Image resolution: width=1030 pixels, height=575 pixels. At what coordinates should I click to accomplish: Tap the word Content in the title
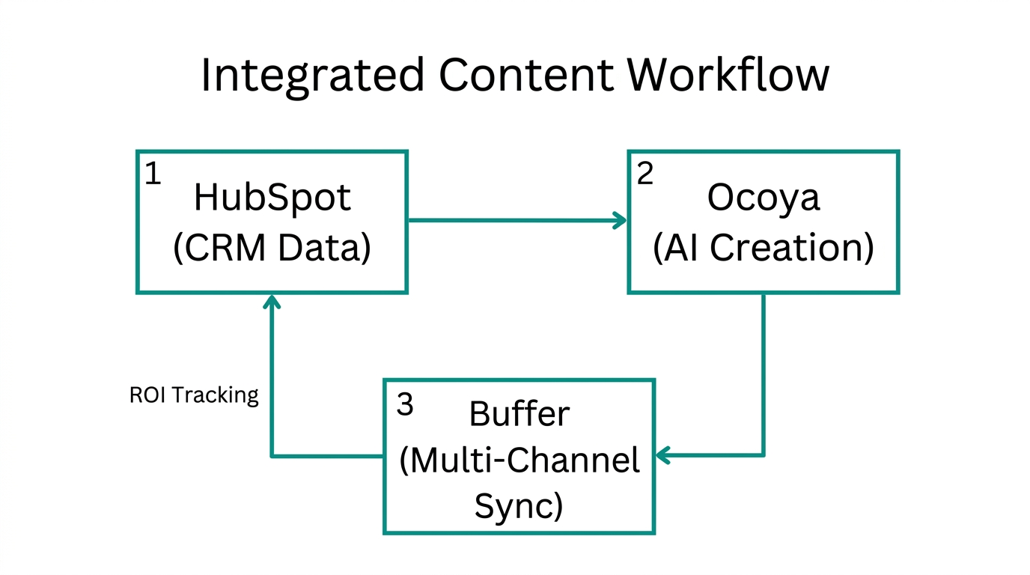click(525, 75)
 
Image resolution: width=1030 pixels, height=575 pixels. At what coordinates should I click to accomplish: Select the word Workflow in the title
click(728, 75)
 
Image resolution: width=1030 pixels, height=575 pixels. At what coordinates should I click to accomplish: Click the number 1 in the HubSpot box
click(153, 174)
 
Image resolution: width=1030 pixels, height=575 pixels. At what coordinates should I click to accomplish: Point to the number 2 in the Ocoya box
click(644, 174)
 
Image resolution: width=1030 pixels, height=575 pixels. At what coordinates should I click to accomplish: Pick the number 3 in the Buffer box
click(404, 405)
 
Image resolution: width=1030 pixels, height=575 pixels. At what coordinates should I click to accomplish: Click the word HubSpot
click(272, 198)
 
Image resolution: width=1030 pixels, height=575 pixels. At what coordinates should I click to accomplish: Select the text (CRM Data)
click(272, 249)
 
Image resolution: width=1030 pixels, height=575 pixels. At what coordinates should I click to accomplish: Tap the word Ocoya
click(763, 198)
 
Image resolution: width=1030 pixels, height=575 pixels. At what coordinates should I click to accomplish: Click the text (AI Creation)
click(763, 249)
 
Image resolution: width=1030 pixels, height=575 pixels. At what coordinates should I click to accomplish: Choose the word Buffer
click(519, 414)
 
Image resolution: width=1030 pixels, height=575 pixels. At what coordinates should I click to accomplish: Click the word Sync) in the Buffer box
click(519, 507)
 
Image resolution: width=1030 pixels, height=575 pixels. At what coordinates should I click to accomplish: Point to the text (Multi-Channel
click(519, 460)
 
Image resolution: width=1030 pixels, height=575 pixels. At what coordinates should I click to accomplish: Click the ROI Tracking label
click(194, 395)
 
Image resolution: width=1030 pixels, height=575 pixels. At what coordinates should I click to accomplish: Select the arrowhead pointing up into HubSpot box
click(272, 301)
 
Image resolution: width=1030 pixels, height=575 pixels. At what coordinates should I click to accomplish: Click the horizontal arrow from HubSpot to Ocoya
click(516, 220)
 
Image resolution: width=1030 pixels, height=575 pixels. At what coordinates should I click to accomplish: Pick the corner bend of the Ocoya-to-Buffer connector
click(763, 454)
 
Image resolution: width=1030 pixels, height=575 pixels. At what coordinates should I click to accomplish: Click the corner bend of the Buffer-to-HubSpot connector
click(272, 455)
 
